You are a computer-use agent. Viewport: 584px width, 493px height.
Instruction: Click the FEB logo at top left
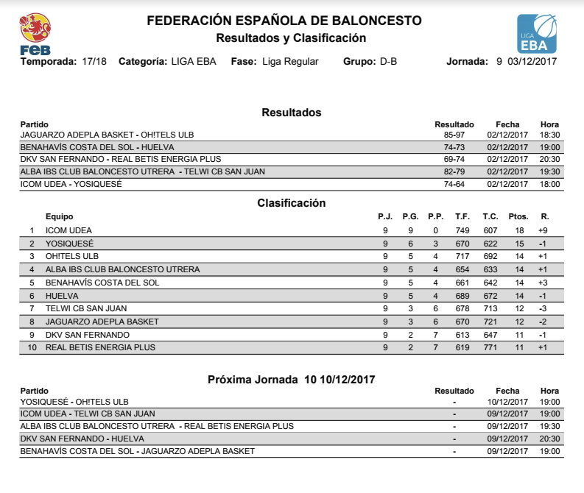[x=35, y=34]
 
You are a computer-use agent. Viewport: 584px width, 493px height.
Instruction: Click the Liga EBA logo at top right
[x=537, y=34]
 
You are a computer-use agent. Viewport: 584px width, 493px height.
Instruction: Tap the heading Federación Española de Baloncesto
[x=284, y=21]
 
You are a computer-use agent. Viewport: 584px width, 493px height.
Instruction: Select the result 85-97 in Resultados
[x=454, y=135]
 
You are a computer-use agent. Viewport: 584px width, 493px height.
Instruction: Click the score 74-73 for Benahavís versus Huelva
[x=454, y=147]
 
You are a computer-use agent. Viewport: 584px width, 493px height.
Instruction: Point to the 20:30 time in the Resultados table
[x=550, y=160]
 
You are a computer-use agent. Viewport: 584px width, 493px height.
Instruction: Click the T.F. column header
[x=462, y=217]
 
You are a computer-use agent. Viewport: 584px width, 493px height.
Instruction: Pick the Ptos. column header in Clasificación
[x=518, y=217]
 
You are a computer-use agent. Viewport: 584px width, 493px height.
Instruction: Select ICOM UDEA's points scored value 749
[x=462, y=230]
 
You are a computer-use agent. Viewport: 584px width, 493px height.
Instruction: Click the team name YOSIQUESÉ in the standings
[x=69, y=244]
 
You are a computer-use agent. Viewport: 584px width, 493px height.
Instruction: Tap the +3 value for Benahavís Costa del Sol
[x=543, y=283]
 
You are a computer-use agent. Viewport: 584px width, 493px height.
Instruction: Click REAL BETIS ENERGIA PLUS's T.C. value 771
[x=490, y=347]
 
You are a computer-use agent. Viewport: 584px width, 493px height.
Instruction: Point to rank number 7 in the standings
[x=32, y=308]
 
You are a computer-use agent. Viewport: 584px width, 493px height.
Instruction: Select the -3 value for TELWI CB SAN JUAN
[x=543, y=308]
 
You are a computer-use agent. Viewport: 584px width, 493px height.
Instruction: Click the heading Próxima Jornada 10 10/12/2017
[x=292, y=379]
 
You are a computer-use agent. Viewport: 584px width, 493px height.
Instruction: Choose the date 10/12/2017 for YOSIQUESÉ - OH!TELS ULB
[x=507, y=402]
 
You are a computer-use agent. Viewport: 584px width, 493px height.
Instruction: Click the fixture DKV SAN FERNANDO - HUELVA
[x=82, y=439]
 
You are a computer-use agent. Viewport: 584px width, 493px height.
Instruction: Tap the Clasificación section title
[x=292, y=203]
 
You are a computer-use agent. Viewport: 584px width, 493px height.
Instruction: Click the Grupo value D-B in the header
[x=388, y=62]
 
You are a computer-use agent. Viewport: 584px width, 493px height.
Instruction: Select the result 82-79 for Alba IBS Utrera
[x=454, y=171]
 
